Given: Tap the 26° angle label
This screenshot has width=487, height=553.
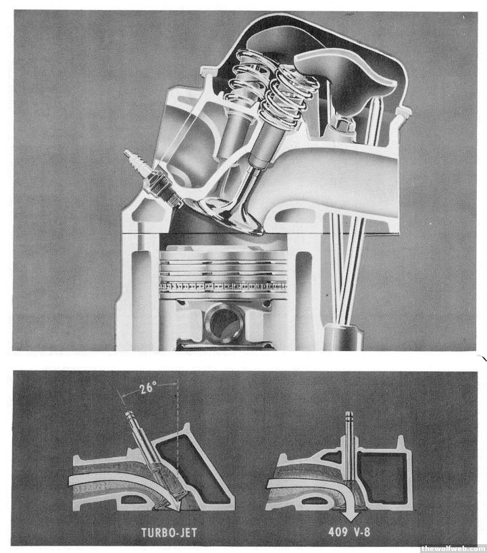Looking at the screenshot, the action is click(x=147, y=388).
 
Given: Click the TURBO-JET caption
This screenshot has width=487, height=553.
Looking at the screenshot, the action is click(x=169, y=532).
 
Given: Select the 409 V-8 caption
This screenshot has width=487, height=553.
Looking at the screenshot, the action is click(x=349, y=531).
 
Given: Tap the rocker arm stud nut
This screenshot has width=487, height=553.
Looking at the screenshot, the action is click(x=342, y=125).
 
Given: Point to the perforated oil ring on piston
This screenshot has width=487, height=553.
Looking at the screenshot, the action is click(x=223, y=286).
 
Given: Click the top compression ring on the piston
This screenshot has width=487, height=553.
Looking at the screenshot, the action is click(x=223, y=262).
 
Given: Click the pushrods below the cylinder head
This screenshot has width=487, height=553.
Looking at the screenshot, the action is click(x=346, y=268).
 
